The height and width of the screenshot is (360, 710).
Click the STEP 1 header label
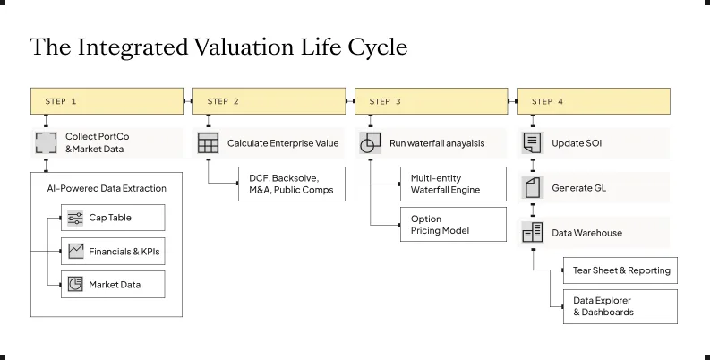[61, 101]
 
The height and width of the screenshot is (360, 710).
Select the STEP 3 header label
[385, 101]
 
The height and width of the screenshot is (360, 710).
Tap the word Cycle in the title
[378, 47]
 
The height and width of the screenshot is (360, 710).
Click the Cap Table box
[113, 218]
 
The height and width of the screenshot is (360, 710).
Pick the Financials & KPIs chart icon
[75, 251]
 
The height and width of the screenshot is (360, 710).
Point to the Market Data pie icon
[75, 285]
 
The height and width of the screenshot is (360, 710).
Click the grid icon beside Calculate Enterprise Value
[209, 143]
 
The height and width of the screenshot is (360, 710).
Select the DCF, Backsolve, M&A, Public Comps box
[292, 184]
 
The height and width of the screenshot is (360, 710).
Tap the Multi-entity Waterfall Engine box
[453, 184]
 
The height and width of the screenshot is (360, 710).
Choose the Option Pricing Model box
[453, 224]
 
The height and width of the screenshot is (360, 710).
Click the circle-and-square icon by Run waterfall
[371, 143]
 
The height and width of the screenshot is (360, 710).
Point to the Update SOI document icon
[533, 143]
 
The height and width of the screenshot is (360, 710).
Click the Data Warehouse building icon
[533, 233]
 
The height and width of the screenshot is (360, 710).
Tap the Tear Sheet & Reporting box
[620, 270]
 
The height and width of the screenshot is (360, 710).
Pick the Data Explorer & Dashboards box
[620, 306]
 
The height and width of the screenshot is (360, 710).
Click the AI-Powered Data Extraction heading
[107, 188]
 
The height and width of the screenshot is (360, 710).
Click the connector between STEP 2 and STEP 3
[350, 101]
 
